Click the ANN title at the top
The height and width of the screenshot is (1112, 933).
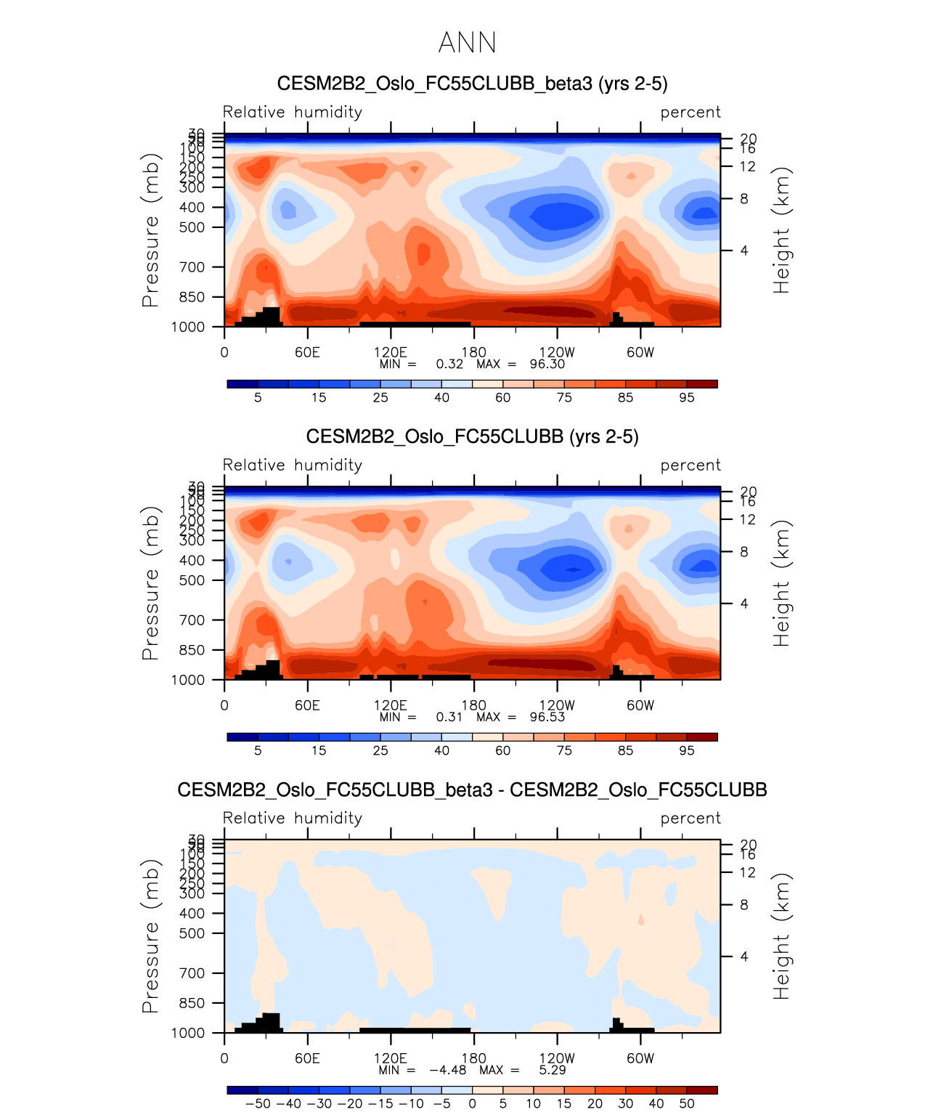pyautogui.click(x=467, y=43)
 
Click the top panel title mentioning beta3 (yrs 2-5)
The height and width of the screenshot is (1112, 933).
pyautogui.click(x=472, y=84)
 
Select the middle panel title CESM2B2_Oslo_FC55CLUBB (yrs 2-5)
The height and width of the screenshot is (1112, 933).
pyautogui.click(x=472, y=437)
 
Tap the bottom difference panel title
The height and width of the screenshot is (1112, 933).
pyautogui.click(x=472, y=790)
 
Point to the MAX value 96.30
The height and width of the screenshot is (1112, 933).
pyautogui.click(x=547, y=364)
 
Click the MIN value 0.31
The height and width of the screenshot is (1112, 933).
pyautogui.click(x=449, y=717)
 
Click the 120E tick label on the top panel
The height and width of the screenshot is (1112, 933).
pyautogui.click(x=391, y=352)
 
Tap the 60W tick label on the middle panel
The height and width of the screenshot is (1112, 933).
pyautogui.click(x=640, y=705)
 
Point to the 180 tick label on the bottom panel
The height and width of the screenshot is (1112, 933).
pyautogui.click(x=474, y=1058)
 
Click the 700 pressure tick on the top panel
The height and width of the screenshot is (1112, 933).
pyautogui.click(x=192, y=267)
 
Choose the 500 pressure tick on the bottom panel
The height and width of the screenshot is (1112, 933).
pyautogui.click(x=192, y=933)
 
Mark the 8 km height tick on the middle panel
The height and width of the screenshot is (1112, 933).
pyautogui.click(x=743, y=552)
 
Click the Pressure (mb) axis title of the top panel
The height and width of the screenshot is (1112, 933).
pyautogui.click(x=150, y=230)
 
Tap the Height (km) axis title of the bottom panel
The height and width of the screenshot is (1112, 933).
pyautogui.click(x=781, y=936)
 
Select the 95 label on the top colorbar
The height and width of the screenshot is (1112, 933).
pyautogui.click(x=686, y=397)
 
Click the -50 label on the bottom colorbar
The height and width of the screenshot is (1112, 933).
pyautogui.click(x=258, y=1103)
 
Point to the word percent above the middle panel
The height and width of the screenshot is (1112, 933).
pyautogui.click(x=690, y=466)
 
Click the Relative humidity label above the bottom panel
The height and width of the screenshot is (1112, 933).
pyautogui.click(x=292, y=819)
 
